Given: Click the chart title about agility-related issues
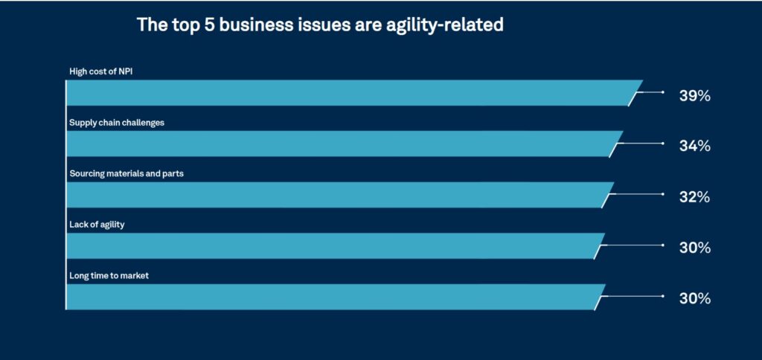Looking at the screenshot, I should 320,25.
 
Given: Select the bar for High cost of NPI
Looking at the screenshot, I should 350,93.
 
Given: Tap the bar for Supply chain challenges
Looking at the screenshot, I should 342,144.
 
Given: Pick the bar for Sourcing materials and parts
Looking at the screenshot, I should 339,195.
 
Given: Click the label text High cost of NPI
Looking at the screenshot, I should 100,72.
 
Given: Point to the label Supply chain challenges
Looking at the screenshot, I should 117,123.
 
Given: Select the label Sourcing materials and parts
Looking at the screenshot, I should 127,174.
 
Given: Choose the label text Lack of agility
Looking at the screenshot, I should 97,225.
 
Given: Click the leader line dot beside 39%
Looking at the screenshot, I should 662,92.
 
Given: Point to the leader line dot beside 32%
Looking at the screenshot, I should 662,194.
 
